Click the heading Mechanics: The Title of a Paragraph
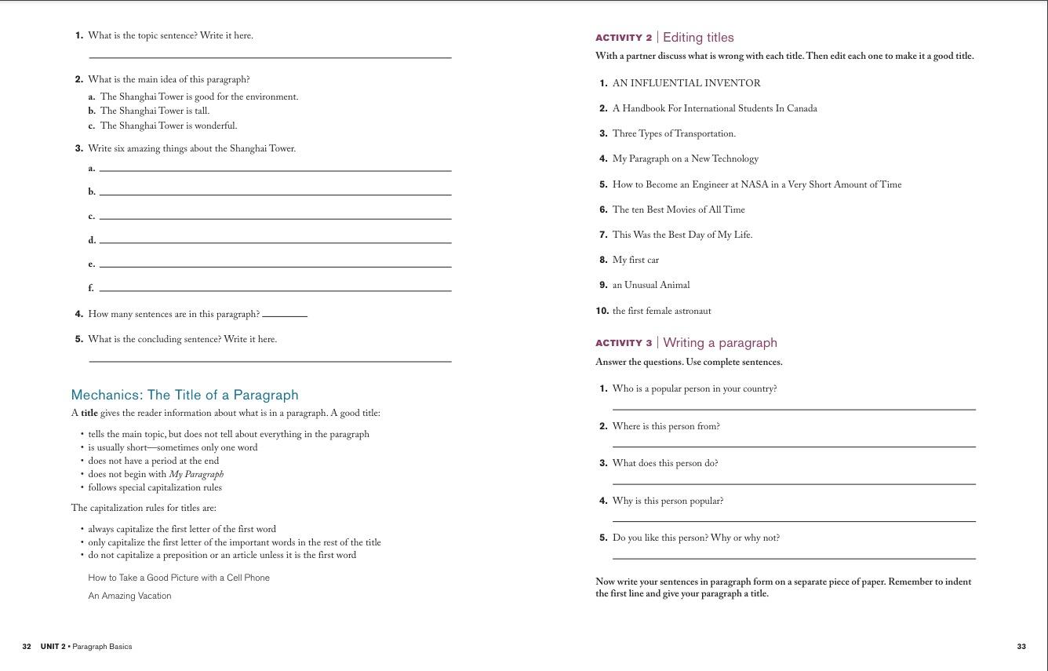coord(184,395)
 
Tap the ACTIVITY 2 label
coord(624,38)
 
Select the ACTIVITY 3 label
coord(624,343)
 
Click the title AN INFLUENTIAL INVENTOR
coord(686,83)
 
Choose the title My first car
coord(635,260)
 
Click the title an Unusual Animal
coord(651,285)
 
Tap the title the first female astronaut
coord(661,311)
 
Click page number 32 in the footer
coord(27,647)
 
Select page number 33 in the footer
coord(1021,647)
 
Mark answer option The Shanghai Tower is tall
coord(155,111)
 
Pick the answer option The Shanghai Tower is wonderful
coord(168,126)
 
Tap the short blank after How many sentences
coord(285,315)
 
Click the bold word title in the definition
coord(89,413)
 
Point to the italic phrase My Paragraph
coord(196,474)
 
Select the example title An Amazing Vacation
coord(129,596)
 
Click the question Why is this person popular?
coord(668,501)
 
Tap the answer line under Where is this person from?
coord(792,445)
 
